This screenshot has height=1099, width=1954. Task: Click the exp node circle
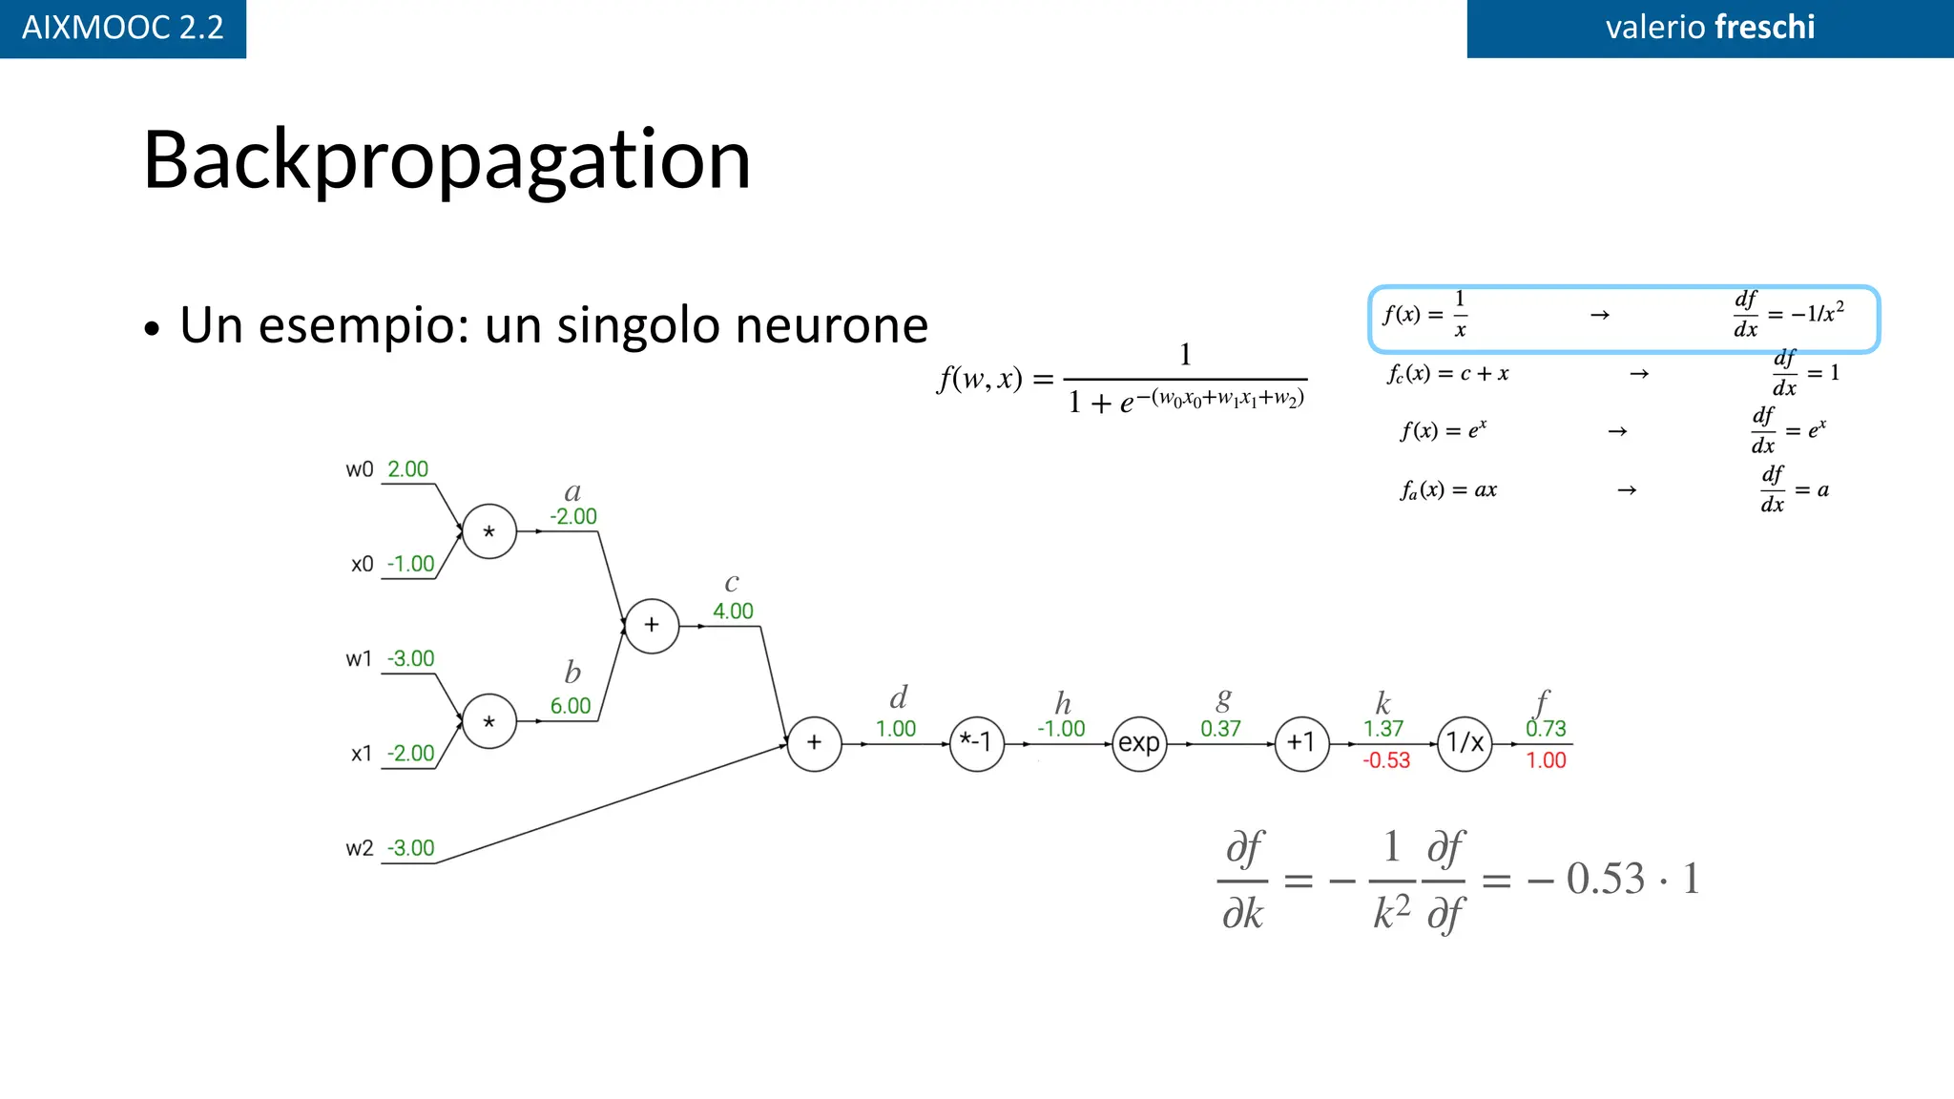point(1139,743)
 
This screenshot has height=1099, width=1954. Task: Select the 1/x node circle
point(1465,743)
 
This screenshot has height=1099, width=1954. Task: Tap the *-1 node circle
point(977,743)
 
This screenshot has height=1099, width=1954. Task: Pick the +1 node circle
point(1301,743)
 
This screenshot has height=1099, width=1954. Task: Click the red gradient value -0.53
point(1386,760)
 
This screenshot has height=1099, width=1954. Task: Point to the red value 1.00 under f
point(1546,760)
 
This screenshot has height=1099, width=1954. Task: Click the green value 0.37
point(1220,729)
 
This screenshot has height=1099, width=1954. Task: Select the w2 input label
point(359,848)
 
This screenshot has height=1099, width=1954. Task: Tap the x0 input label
point(362,564)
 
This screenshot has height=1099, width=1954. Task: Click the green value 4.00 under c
point(733,612)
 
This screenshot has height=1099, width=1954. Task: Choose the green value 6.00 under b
point(571,706)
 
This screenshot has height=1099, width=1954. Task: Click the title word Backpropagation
point(447,159)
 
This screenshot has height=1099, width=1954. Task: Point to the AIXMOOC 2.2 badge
point(123,28)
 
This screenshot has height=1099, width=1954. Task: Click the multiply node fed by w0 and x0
point(488,531)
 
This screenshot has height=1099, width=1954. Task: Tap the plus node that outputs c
point(652,626)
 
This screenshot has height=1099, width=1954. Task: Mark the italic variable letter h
point(1063,704)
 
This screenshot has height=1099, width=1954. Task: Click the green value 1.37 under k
point(1383,729)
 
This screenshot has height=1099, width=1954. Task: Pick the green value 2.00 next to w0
point(407,469)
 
